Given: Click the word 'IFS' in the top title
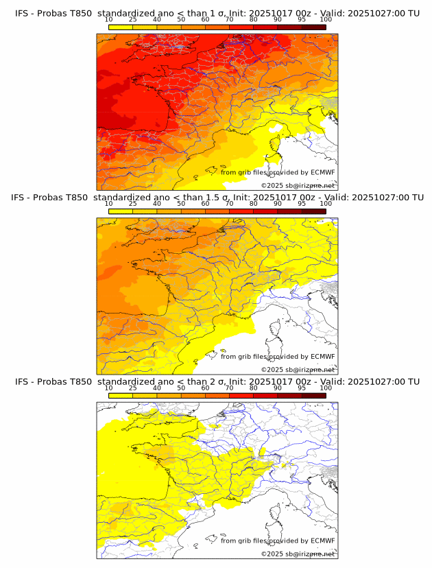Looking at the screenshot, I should tap(24, 12).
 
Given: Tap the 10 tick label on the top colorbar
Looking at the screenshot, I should tap(109, 20).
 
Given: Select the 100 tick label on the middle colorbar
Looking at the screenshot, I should tap(326, 204).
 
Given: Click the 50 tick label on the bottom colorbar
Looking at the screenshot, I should tap(181, 388).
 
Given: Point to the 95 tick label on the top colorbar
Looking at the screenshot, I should tap(302, 20).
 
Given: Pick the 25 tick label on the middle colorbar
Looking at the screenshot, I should tap(133, 204).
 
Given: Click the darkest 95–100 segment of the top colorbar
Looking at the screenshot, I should tap(313, 27).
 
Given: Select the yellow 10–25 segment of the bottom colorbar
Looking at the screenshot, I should tap(121, 396).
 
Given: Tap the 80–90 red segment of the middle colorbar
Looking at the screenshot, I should tap(265, 211).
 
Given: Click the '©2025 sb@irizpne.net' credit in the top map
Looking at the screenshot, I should tap(298, 186).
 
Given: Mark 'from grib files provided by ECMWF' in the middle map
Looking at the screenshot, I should tap(278, 357).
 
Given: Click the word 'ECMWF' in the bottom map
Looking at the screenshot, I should tap(322, 541).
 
